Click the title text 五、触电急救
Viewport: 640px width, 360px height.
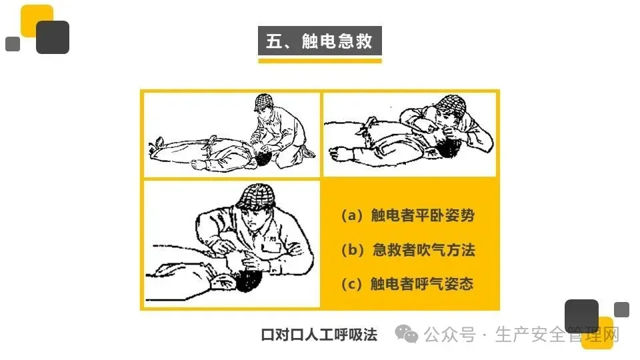[x=319, y=41]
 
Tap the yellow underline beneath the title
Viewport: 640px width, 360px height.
[x=319, y=61]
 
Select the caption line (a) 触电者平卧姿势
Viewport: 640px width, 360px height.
[x=408, y=215]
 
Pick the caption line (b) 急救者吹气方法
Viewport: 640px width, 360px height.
[x=408, y=249]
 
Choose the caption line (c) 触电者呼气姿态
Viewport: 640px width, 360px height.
[x=407, y=284]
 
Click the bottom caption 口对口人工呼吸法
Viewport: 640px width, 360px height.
[x=319, y=335]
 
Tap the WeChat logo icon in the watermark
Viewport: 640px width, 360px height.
[x=407, y=334]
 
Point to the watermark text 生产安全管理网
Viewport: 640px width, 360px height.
[x=557, y=335]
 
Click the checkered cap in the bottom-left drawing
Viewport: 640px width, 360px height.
[x=256, y=197]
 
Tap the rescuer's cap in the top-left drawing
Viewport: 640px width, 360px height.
[x=264, y=101]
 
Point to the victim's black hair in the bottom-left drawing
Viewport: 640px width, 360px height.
[x=248, y=281]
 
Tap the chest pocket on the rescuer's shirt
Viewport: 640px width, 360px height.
[x=271, y=247]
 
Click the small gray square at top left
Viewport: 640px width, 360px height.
[x=13, y=44]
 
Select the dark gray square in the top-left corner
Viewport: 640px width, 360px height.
[x=53, y=37]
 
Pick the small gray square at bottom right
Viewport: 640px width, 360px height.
[x=621, y=309]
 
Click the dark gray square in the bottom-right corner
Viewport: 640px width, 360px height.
[x=581, y=316]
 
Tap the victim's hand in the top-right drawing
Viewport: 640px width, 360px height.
[x=337, y=154]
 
